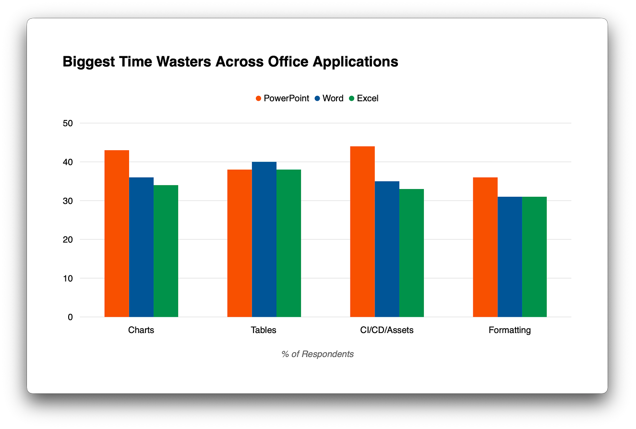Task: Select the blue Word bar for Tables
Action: [264, 239]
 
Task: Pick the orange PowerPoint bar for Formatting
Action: [485, 247]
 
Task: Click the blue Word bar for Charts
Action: [141, 247]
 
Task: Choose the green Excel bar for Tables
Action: [288, 243]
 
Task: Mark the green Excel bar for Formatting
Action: [534, 257]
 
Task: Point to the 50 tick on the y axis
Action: [68, 123]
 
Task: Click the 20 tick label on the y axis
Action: [68, 239]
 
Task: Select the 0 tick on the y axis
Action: [70, 317]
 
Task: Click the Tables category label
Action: [264, 330]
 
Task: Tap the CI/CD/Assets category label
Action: [386, 330]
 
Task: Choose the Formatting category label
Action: [509, 330]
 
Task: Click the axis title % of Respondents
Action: [318, 354]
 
